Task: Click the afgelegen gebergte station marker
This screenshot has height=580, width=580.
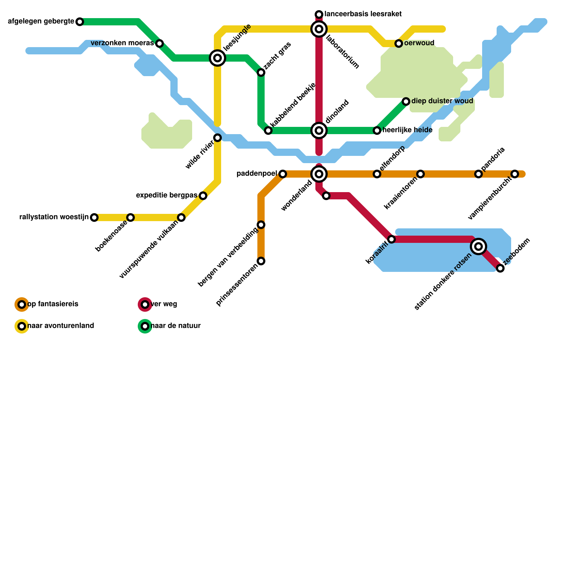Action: pos(80,22)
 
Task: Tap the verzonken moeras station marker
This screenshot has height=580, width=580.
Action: pos(159,43)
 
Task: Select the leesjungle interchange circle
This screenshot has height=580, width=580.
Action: pos(217,58)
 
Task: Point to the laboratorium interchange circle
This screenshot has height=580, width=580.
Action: pos(319,29)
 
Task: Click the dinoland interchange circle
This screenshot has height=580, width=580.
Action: pos(319,130)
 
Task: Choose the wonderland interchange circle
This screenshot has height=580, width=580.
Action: pos(319,174)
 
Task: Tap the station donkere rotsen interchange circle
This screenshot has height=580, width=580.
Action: pos(478,246)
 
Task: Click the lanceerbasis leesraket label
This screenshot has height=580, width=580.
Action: pos(363,14)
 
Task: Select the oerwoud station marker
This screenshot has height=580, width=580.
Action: pos(399,43)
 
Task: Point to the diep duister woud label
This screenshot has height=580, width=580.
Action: pos(442,101)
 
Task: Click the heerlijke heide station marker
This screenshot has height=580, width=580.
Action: pos(377,130)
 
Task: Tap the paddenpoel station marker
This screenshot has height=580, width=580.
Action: pos(283,174)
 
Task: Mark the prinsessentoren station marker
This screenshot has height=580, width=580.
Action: pos(261,261)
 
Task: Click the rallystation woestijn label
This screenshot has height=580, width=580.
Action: pos(54,217)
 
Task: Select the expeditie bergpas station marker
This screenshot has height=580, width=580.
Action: pos(203,196)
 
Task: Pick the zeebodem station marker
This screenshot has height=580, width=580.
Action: pos(500,268)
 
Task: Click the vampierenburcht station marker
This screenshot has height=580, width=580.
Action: pos(515,174)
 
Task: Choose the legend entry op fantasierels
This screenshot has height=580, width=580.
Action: pos(53,304)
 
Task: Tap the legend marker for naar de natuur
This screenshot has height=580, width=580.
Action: pos(145,326)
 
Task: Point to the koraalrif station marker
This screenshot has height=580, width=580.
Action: pos(391,239)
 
